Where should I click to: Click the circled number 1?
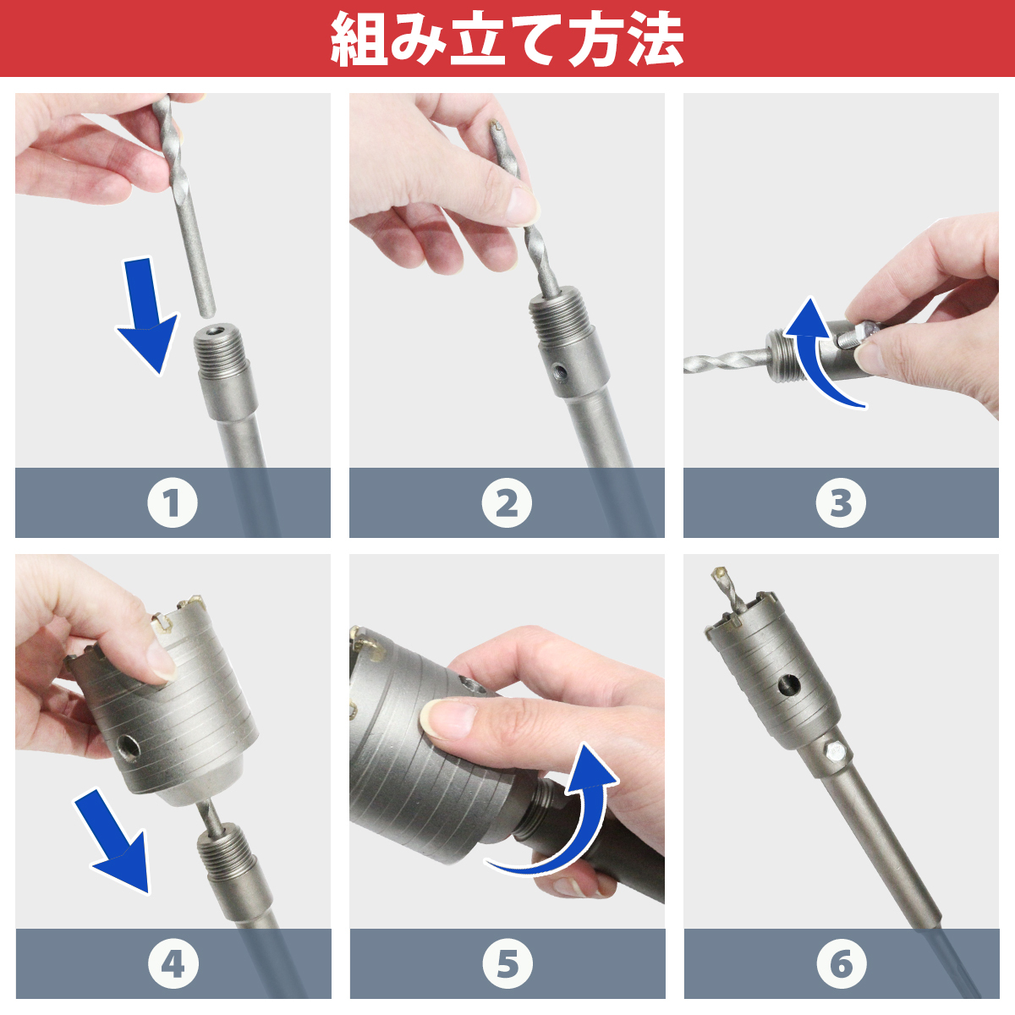click(x=173, y=502)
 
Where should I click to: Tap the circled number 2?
click(x=507, y=502)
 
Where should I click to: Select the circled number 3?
click(x=841, y=502)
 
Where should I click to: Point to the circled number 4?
click(x=173, y=964)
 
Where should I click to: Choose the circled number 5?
click(x=507, y=964)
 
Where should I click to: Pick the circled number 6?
click(x=841, y=964)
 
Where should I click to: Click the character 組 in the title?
click(x=359, y=40)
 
